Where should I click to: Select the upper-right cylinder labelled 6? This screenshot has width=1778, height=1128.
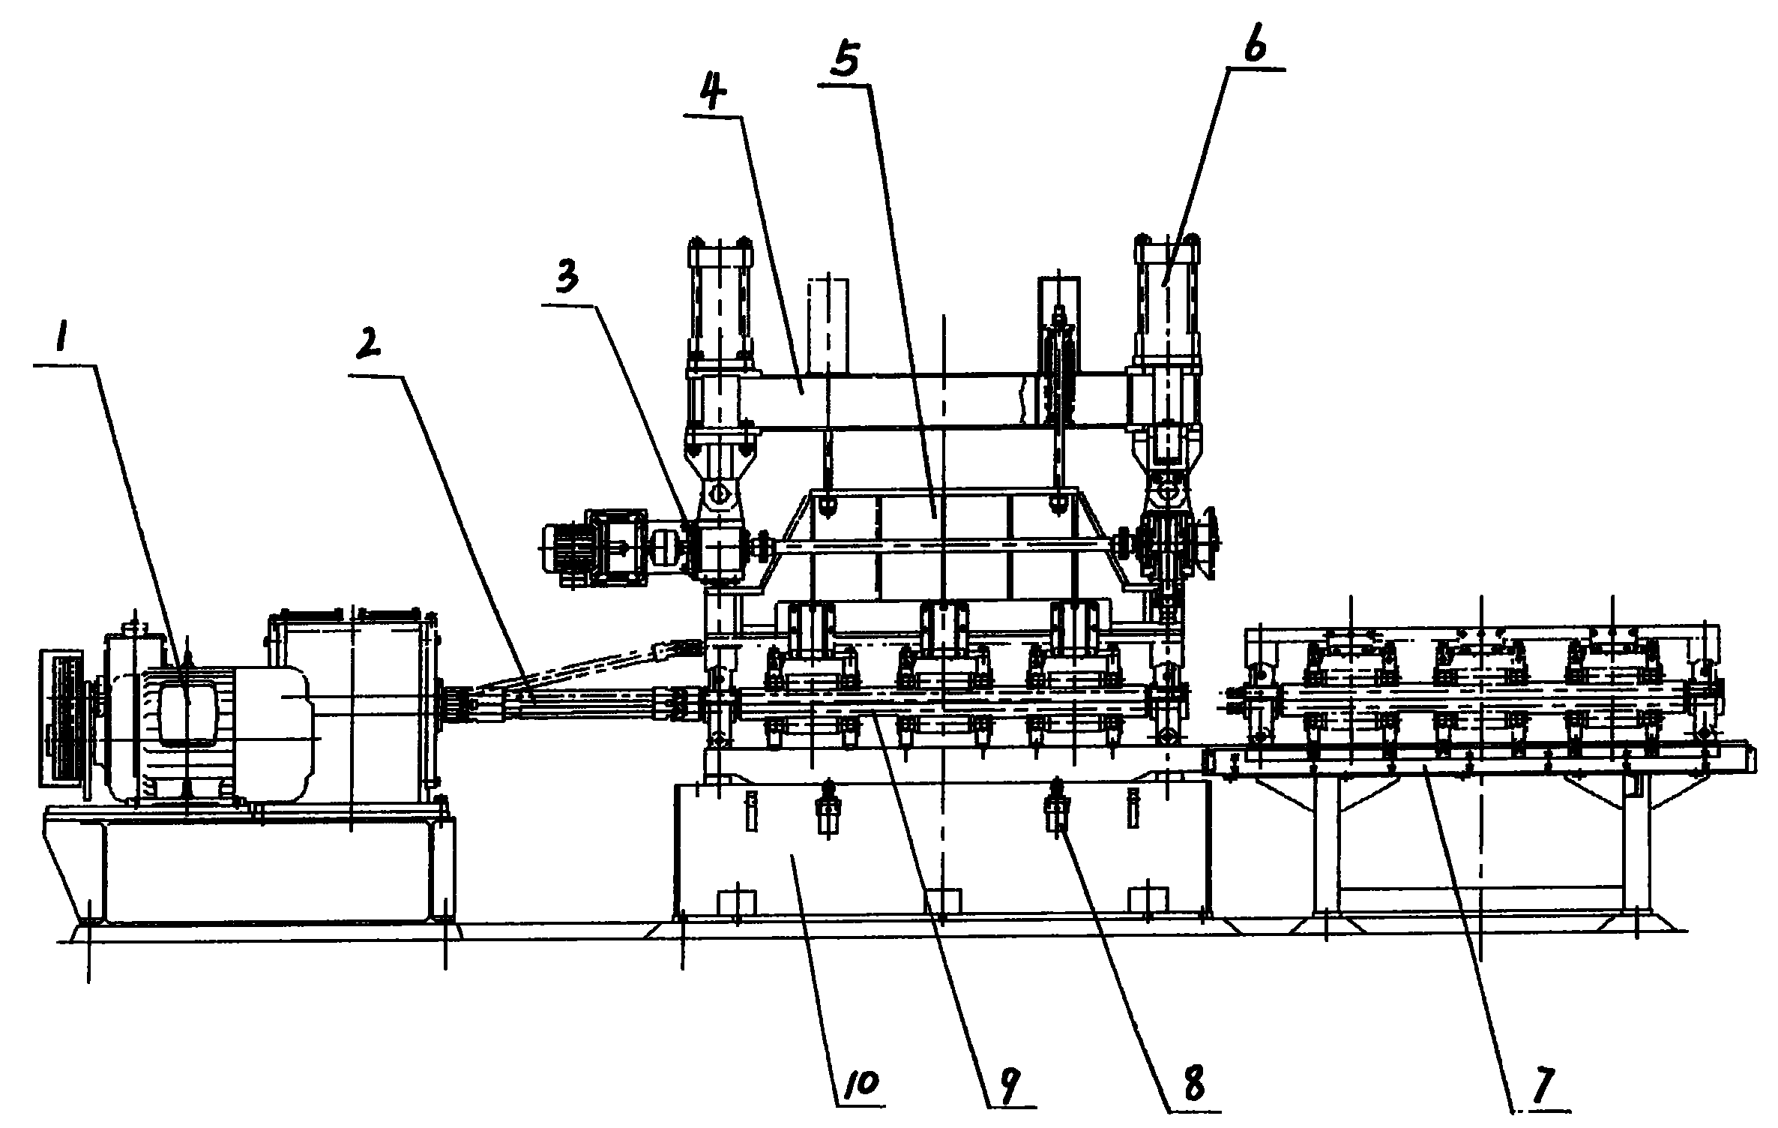[1168, 300]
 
